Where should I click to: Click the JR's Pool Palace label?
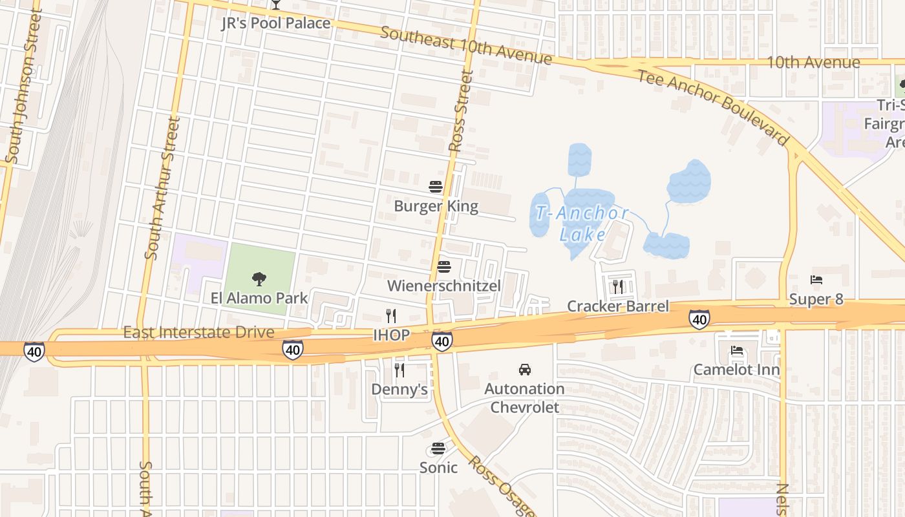(276, 23)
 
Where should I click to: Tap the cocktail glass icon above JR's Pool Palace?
(276, 5)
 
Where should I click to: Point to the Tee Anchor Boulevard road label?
(714, 107)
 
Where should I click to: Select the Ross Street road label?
(461, 111)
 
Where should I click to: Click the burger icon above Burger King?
(436, 187)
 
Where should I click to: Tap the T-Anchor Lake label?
(582, 223)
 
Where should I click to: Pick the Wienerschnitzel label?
(444, 286)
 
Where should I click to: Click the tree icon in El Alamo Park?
(259, 279)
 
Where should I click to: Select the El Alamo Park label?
(259, 298)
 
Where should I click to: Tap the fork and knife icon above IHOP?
(391, 315)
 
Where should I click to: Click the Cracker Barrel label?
(618, 306)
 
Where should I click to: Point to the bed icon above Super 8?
(816, 280)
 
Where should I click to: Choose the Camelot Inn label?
(736, 370)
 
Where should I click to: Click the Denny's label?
(399, 389)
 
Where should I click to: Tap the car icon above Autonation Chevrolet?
(524, 370)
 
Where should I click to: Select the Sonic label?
(438, 467)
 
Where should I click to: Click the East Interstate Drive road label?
(198, 332)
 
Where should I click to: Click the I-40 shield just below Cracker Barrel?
(699, 319)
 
